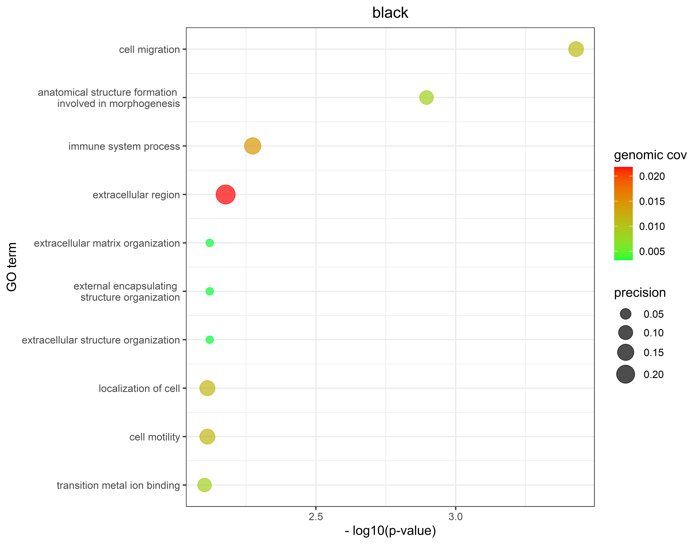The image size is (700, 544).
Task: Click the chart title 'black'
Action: [390, 13]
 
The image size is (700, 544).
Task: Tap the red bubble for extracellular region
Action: [226, 194]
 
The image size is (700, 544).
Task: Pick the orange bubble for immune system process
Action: [253, 146]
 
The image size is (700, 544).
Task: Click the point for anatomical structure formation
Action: [426, 97]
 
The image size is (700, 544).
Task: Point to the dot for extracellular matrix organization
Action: [210, 243]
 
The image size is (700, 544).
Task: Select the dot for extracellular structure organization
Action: [210, 340]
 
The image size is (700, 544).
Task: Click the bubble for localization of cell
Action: [207, 388]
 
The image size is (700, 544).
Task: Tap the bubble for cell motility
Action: [207, 436]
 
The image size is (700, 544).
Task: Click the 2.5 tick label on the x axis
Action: [316, 517]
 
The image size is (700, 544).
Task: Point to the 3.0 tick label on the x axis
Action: [455, 517]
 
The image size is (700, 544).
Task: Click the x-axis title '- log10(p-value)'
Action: [390, 531]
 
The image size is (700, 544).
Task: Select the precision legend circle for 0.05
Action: [625, 314]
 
